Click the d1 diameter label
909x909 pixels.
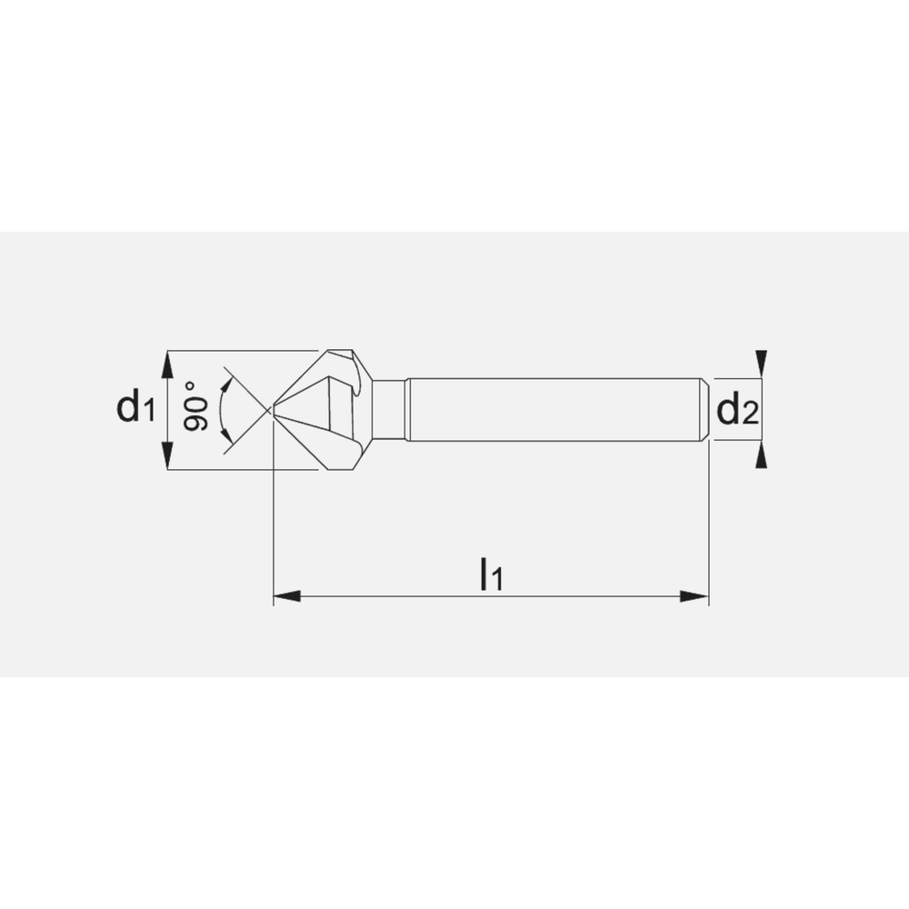point(135,408)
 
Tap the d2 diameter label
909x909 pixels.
point(736,411)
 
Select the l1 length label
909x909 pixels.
point(491,574)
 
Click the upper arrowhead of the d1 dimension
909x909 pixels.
point(166,364)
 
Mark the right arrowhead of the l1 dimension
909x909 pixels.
point(695,596)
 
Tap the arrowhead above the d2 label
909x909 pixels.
point(762,362)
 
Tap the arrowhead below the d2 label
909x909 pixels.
point(762,456)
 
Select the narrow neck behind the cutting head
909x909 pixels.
point(390,410)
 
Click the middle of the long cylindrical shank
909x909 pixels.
point(554,410)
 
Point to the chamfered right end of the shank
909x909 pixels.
point(704,410)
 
